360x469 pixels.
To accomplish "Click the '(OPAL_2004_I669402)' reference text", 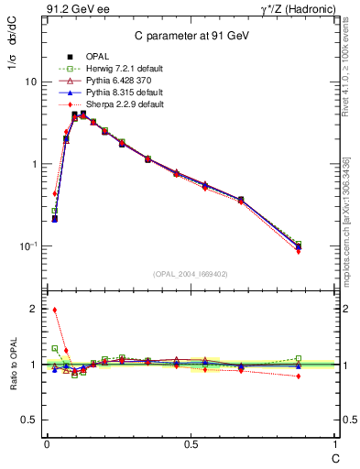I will click(190, 273).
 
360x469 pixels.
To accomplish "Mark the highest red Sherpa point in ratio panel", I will click(55, 310).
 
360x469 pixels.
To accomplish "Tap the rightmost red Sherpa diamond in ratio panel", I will click(299, 376).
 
